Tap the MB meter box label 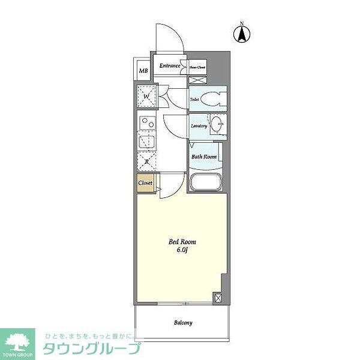(x=143, y=71)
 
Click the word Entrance (x=170, y=65)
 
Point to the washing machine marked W (x=146, y=95)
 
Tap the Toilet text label (x=195, y=100)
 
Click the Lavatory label (x=199, y=126)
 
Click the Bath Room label (x=203, y=157)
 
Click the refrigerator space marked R (x=146, y=161)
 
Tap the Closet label (x=145, y=182)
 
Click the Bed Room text (x=182, y=242)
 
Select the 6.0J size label (x=182, y=251)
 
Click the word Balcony (x=183, y=323)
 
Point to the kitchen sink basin (x=146, y=142)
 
